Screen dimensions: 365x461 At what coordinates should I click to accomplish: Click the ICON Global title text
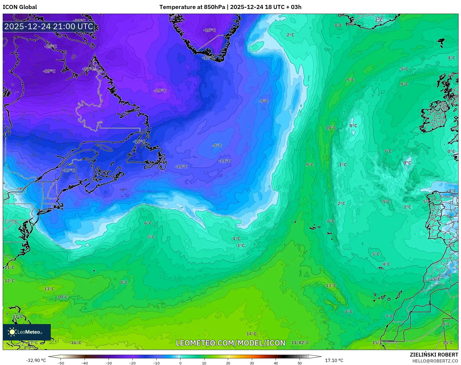click(x=20, y=7)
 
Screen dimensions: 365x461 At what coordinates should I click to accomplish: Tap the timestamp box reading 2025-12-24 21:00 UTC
click(x=49, y=26)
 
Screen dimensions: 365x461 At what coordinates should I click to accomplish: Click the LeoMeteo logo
click(x=27, y=332)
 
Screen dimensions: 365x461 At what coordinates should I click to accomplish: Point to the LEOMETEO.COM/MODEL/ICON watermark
click(x=230, y=343)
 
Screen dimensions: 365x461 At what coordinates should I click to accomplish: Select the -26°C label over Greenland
click(x=209, y=30)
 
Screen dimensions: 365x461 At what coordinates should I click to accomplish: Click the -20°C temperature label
click(x=160, y=91)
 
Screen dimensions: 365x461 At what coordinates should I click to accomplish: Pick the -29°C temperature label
click(x=49, y=71)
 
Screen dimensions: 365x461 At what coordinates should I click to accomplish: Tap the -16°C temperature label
click(x=139, y=142)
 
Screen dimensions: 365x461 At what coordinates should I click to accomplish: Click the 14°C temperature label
click(x=251, y=334)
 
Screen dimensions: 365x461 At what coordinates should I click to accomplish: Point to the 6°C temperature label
click(x=148, y=223)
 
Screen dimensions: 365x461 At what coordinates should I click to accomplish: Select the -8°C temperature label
click(x=217, y=146)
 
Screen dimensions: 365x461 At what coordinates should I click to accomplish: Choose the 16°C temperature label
click(x=76, y=343)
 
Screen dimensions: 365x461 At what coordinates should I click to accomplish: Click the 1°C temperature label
click(x=343, y=165)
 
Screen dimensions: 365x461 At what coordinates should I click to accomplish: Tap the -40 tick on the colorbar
click(x=85, y=363)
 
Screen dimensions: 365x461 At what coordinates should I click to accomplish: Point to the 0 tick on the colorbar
click(x=180, y=363)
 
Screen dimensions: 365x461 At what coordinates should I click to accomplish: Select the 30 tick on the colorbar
click(x=252, y=363)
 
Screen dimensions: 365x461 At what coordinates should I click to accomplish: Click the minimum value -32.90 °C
click(x=36, y=360)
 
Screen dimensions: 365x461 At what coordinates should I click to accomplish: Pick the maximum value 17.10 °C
click(x=334, y=360)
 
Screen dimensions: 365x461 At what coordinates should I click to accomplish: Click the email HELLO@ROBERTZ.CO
click(x=435, y=361)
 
